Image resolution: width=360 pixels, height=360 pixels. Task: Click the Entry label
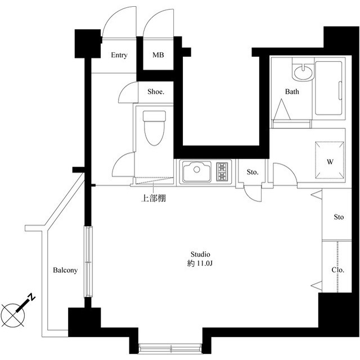pyautogui.click(x=119, y=55)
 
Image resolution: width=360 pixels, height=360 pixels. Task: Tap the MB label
pyautogui.click(x=158, y=55)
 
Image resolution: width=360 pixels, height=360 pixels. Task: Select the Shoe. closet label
pyautogui.click(x=156, y=92)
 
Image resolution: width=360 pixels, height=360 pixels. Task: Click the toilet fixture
pyautogui.click(x=154, y=128)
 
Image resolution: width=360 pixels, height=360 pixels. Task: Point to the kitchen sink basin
pyautogui.click(x=197, y=171)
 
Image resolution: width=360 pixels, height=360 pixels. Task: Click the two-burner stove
pyautogui.click(x=222, y=171)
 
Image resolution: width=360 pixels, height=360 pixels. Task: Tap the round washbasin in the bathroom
pyautogui.click(x=303, y=71)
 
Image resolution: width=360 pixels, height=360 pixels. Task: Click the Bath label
pyautogui.click(x=292, y=92)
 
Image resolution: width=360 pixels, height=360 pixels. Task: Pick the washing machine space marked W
pyautogui.click(x=330, y=160)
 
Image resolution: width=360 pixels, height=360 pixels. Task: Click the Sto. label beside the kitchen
pyautogui.click(x=253, y=172)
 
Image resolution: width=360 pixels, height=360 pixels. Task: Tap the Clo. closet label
pyautogui.click(x=338, y=270)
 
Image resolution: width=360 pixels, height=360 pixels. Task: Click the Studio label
pyautogui.click(x=200, y=254)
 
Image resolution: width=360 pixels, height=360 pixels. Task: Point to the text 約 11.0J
pyautogui.click(x=200, y=263)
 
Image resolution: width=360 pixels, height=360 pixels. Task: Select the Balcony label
pyautogui.click(x=65, y=270)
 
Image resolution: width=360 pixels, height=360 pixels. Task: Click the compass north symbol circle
pyautogui.click(x=13, y=315)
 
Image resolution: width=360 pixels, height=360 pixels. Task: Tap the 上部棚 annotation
pyautogui.click(x=154, y=198)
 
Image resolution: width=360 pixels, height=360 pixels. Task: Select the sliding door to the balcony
pyautogui.click(x=88, y=262)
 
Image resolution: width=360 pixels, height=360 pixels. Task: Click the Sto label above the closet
pyautogui.click(x=339, y=217)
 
